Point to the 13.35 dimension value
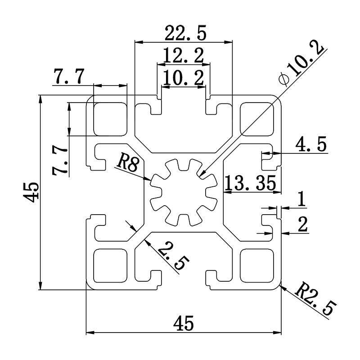(x=250, y=183)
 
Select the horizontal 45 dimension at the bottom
(x=184, y=323)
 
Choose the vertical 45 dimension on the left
(x=32, y=193)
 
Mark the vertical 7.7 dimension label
(x=59, y=160)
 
